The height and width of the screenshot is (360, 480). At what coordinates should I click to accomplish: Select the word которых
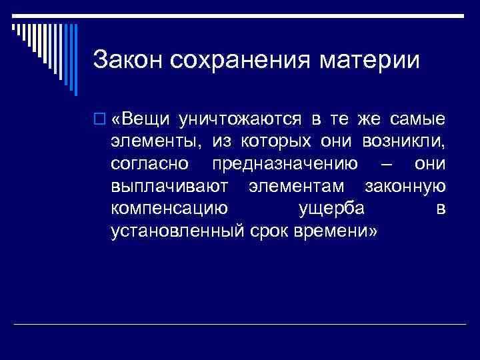tap(281, 142)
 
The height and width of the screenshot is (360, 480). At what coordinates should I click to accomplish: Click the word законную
tap(406, 186)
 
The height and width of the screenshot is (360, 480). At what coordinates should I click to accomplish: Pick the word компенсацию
tap(169, 209)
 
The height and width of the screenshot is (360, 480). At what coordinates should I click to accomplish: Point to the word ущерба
tap(331, 209)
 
